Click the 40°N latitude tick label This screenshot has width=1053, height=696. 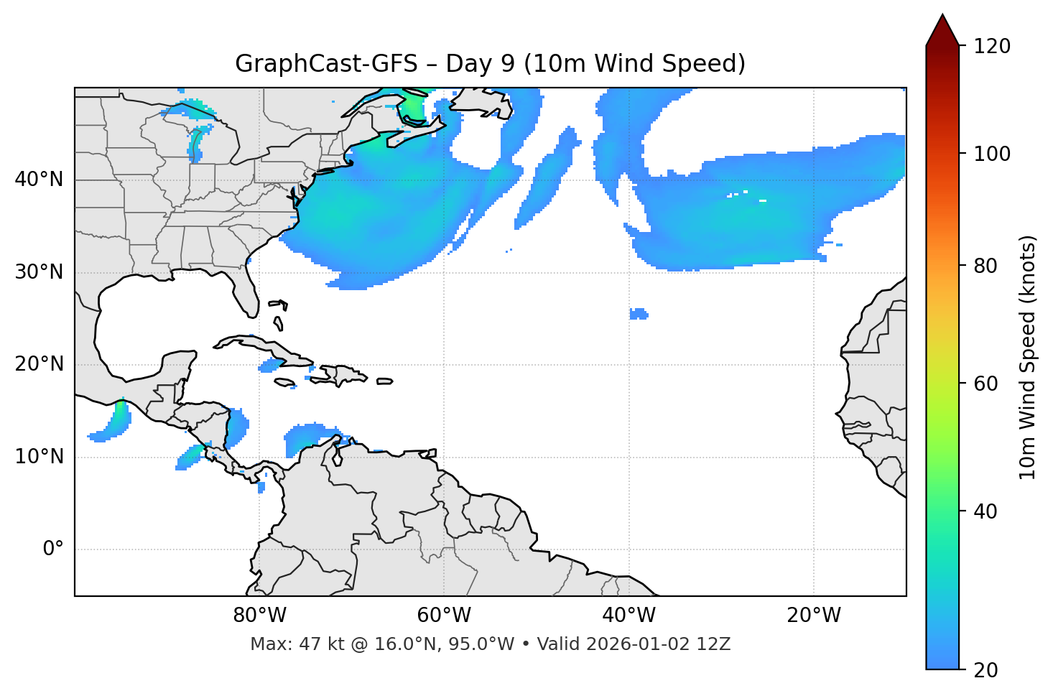pyautogui.click(x=39, y=180)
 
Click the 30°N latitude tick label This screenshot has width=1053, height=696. pyautogui.click(x=39, y=272)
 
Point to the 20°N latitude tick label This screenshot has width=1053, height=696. pyautogui.click(x=39, y=364)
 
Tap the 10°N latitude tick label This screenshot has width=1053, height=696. pyautogui.click(x=39, y=457)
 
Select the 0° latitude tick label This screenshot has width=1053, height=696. pyautogui.click(x=53, y=549)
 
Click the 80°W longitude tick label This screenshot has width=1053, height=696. pyautogui.click(x=259, y=616)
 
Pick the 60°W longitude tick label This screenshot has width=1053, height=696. pyautogui.click(x=444, y=616)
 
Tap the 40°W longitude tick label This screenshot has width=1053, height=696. pyautogui.click(x=628, y=616)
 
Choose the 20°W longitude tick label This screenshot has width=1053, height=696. pyautogui.click(x=813, y=616)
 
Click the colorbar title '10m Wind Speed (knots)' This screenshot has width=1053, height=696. pyautogui.click(x=1028, y=358)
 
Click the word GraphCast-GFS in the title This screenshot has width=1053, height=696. pyautogui.click(x=326, y=64)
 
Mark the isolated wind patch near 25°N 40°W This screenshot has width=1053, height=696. pyautogui.click(x=639, y=314)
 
